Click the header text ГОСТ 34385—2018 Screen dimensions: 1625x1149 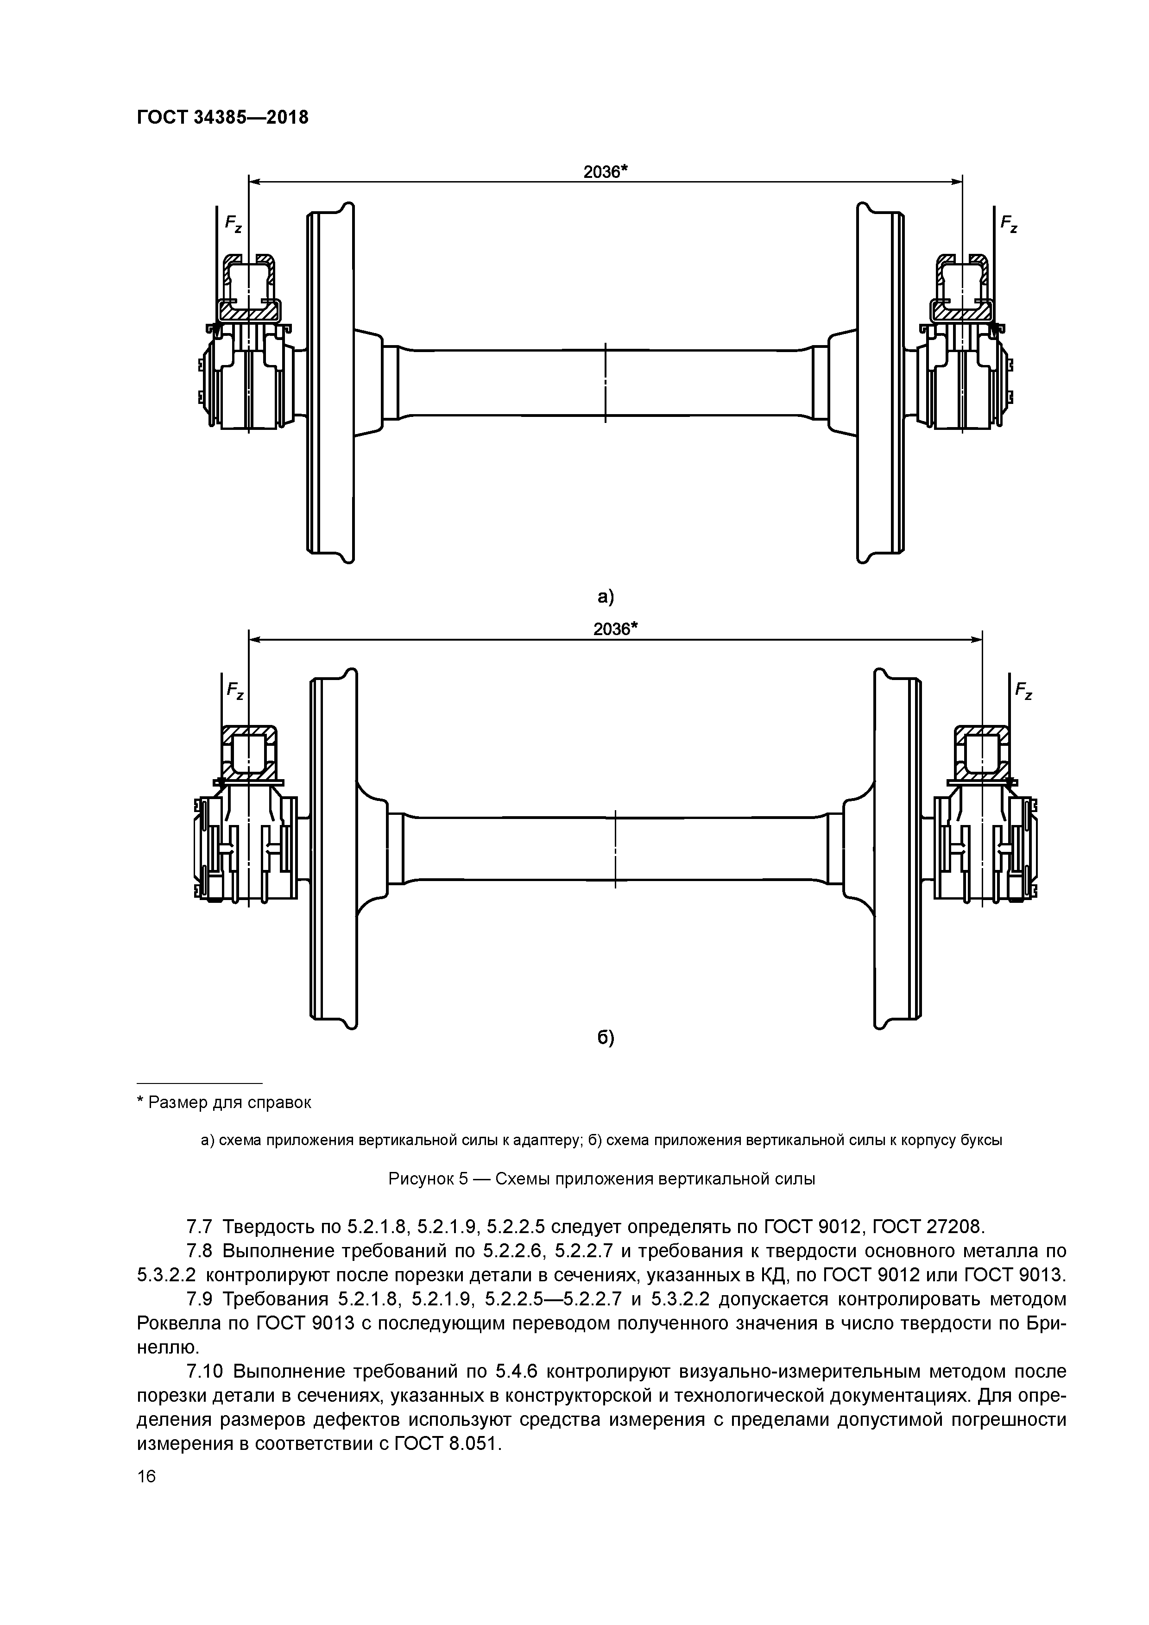(x=222, y=118)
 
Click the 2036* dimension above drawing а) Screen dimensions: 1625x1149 (x=606, y=172)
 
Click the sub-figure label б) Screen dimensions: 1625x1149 (x=605, y=1038)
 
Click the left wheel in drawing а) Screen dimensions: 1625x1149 (x=331, y=382)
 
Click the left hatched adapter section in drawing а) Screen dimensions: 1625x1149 (x=248, y=309)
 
